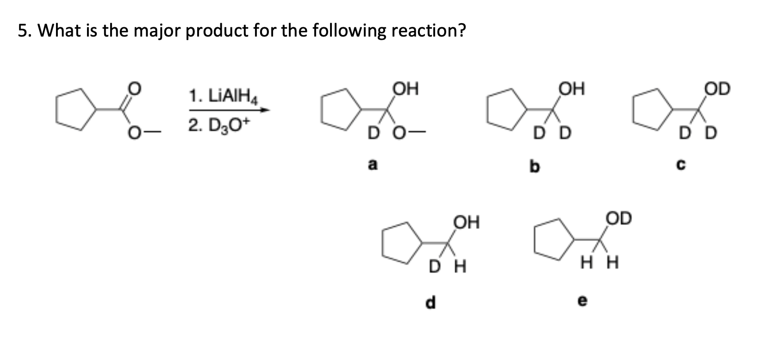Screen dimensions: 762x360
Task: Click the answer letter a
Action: point(372,164)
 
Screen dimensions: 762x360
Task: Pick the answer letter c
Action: point(682,165)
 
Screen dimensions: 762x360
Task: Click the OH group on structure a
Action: point(405,88)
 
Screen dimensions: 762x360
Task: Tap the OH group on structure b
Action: point(572,88)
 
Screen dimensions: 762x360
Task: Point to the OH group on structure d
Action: point(466,223)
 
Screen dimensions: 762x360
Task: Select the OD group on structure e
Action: point(618,218)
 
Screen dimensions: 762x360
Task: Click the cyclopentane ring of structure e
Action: point(551,240)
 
